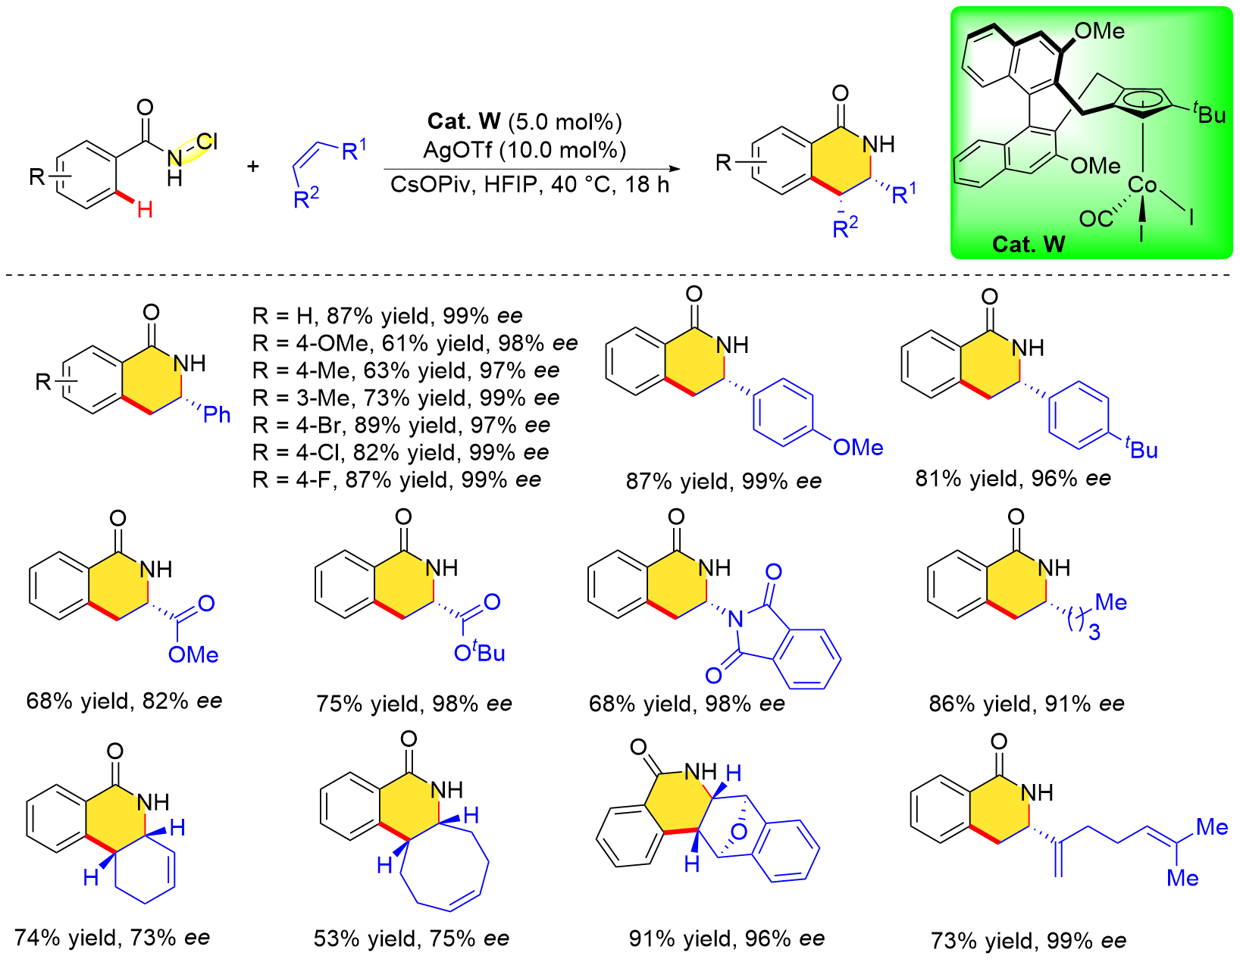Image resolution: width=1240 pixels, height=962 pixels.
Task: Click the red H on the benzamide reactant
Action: [145, 209]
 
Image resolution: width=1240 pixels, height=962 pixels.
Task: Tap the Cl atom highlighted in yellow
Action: [206, 142]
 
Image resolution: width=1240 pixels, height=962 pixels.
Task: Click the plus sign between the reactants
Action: [252, 166]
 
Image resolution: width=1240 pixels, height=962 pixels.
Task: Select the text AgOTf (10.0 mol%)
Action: [524, 150]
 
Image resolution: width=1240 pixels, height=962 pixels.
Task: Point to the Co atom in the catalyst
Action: [1141, 185]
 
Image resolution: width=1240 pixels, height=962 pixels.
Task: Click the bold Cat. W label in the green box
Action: [1028, 244]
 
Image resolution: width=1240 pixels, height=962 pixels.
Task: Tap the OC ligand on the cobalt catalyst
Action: [1095, 220]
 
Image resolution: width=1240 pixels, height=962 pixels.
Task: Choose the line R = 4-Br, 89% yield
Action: [401, 425]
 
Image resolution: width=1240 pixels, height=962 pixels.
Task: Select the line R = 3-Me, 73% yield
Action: [406, 398]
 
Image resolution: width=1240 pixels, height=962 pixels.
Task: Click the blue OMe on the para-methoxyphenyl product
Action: [858, 448]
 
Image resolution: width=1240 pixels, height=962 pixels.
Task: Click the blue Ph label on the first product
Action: [217, 414]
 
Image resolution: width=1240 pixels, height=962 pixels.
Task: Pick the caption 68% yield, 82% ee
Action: [124, 701]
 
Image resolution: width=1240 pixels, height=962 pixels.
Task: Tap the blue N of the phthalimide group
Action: [734, 620]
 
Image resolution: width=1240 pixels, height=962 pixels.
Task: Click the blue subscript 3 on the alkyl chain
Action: [1094, 632]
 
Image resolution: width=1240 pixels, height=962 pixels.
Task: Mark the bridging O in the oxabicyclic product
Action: [739, 832]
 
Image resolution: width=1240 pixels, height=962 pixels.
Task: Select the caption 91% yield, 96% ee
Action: [726, 939]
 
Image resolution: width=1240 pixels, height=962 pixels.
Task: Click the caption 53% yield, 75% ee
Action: [411, 939]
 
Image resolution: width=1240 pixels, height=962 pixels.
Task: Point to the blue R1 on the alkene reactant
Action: [353, 150]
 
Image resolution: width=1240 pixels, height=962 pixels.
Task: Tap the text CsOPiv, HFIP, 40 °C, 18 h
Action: [530, 185]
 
